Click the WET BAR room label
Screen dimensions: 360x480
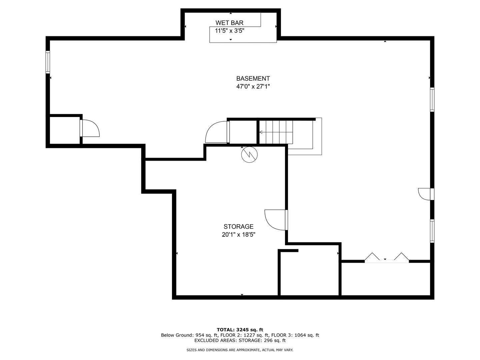point(229,23)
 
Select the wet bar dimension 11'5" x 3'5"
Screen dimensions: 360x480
point(229,31)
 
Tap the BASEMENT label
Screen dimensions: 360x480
point(253,79)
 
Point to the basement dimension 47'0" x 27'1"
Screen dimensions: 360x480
point(253,87)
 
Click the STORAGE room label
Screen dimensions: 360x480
point(238,227)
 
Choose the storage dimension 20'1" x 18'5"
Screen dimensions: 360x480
point(238,235)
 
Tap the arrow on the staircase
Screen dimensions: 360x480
point(261,132)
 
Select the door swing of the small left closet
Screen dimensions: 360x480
point(90,128)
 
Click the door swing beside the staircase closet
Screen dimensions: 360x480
point(216,133)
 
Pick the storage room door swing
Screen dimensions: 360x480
point(275,220)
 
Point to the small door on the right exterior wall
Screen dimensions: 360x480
point(425,194)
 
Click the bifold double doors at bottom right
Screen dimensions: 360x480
point(387,258)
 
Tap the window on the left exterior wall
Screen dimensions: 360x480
point(48,62)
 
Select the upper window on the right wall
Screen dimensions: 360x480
point(432,99)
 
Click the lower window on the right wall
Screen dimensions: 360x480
point(432,231)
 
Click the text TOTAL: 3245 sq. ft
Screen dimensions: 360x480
point(240,330)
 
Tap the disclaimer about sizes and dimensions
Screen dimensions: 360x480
point(240,350)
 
